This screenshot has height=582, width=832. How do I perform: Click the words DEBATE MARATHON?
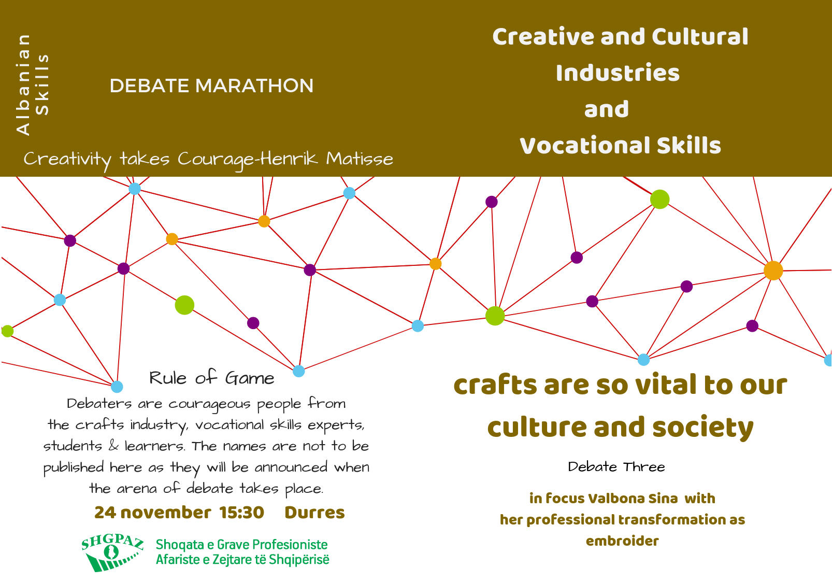pos(211,86)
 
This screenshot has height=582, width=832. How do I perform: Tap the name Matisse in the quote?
pos(359,159)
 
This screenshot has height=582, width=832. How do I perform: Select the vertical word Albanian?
pos(23,85)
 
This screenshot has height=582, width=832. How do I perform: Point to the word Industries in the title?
pos(618,73)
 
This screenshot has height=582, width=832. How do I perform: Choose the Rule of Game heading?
pos(211,378)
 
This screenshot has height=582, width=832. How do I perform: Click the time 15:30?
pos(241,513)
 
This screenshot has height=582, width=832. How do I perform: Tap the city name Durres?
pos(314,513)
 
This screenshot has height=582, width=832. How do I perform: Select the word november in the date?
pos(166,513)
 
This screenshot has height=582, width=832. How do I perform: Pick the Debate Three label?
pos(616,467)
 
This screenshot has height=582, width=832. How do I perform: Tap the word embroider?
pos(622,541)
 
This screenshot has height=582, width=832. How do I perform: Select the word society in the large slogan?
pos(702,428)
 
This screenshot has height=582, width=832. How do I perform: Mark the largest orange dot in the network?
pos(773,271)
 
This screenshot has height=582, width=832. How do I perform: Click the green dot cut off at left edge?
pos(7,331)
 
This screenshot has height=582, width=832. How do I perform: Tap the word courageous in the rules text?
pos(209,404)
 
